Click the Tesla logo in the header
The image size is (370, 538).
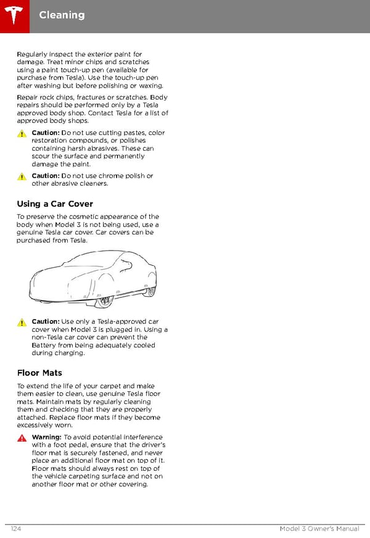click(14, 15)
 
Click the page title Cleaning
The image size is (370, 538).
click(62, 15)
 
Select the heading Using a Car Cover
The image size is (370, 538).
click(55, 204)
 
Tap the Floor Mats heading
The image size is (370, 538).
click(39, 373)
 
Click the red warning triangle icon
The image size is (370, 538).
click(22, 438)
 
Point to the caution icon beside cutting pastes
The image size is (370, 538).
click(22, 134)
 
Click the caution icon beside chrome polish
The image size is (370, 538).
click(22, 176)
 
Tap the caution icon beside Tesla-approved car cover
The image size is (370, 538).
click(22, 323)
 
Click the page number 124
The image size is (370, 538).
click(17, 529)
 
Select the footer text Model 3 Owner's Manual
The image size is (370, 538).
click(319, 529)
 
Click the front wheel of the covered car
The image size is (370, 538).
click(105, 301)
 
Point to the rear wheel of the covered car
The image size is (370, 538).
click(149, 291)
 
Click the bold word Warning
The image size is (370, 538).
click(46, 437)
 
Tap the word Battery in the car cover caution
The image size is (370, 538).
click(44, 346)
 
